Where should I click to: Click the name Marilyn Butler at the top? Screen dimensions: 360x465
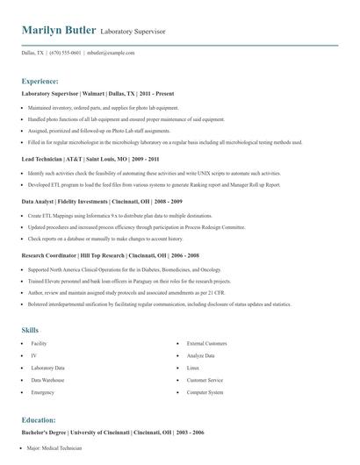tap(59, 32)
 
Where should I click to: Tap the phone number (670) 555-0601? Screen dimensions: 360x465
tap(65, 54)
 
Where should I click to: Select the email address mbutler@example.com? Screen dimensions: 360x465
tap(112, 54)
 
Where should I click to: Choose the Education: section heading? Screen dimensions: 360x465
tap(39, 420)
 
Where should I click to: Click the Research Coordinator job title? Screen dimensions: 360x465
tap(51, 255)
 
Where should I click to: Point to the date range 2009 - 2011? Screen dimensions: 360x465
tap(141, 160)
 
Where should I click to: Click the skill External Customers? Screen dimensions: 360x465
tap(206, 343)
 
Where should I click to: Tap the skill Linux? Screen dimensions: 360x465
tap(193, 368)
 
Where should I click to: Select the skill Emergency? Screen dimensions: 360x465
tap(43, 392)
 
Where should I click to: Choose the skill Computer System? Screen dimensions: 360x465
tap(205, 392)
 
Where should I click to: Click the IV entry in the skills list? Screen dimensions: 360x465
tap(33, 355)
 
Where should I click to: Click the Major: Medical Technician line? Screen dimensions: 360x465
tap(54, 447)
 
